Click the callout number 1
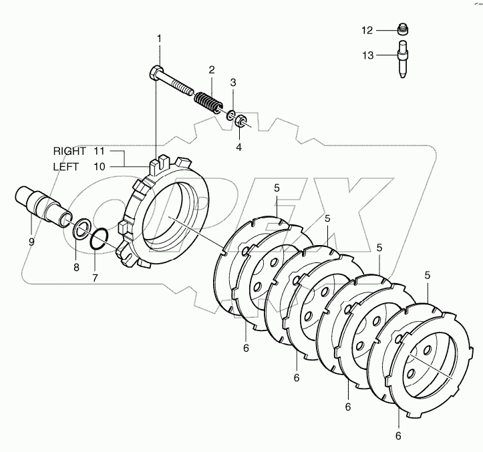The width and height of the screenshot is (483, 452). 159,39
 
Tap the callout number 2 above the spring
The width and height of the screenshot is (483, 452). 211,69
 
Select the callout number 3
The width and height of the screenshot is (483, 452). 233,82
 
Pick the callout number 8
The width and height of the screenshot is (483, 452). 76,267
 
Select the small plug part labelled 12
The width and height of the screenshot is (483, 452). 402,30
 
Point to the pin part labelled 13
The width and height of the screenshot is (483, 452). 403,60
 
